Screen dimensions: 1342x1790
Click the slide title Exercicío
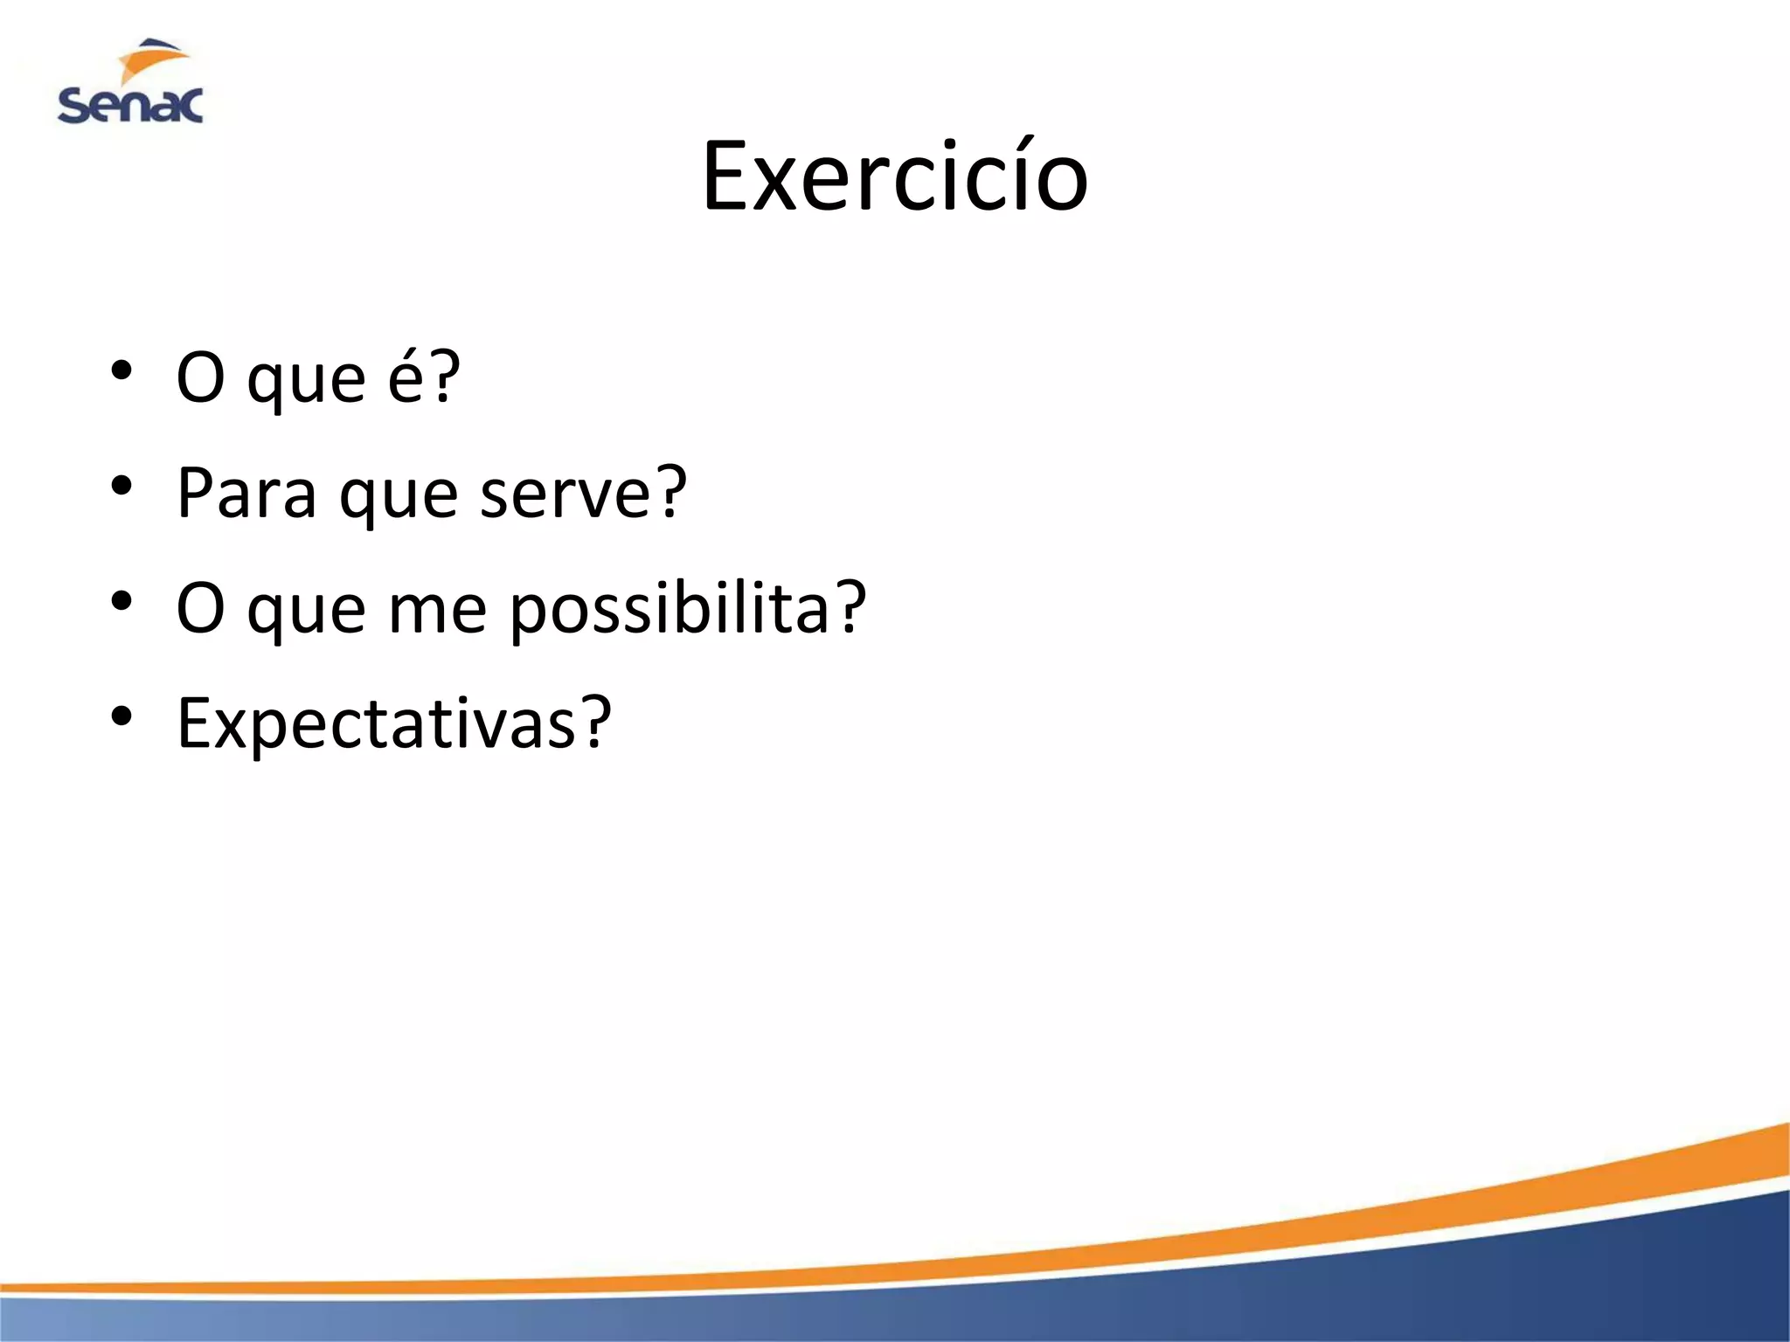(x=895, y=177)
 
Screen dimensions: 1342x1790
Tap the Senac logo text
(x=130, y=106)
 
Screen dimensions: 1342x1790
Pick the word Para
(x=246, y=493)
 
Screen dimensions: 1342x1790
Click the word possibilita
(x=670, y=609)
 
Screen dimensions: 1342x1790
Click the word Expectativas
(x=376, y=724)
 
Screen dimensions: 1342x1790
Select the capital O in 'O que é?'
(x=200, y=377)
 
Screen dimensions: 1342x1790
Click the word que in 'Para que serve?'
(x=398, y=496)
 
